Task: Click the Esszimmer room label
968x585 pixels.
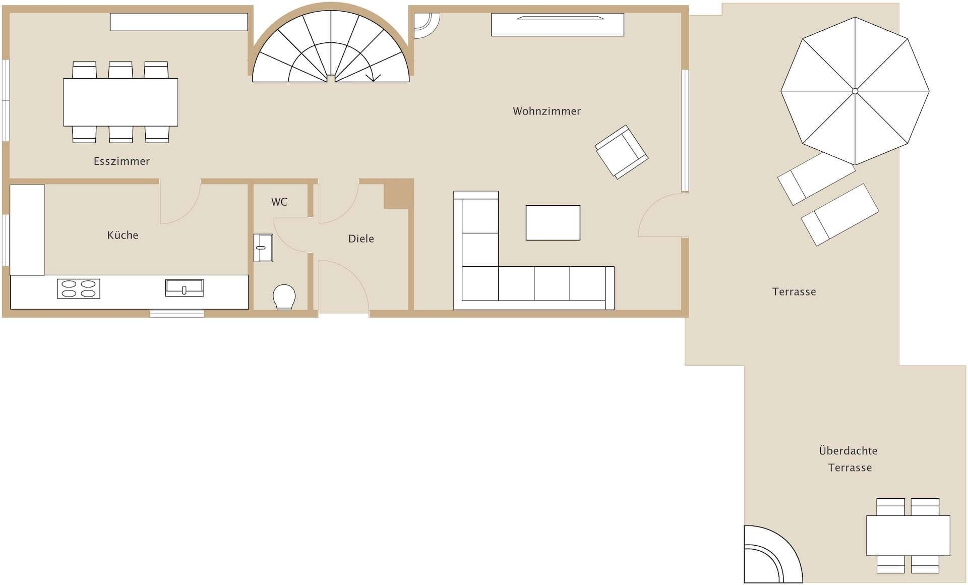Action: tap(122, 161)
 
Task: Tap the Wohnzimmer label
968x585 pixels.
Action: tap(547, 111)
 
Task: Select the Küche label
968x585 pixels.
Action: tap(123, 235)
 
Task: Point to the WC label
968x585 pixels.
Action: tap(279, 202)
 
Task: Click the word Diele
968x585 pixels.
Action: tap(361, 239)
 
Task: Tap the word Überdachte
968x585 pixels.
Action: tap(848, 450)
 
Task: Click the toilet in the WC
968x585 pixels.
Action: tap(284, 297)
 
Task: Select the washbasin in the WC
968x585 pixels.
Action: tap(263, 248)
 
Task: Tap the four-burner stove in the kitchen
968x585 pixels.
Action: tap(78, 288)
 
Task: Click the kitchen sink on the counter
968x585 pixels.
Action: tap(184, 288)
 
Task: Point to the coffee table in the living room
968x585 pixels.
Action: tap(553, 222)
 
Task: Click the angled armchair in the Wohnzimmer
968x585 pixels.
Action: tap(621, 152)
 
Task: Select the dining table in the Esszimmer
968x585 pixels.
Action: tap(120, 102)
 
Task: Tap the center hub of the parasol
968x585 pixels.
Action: tap(855, 91)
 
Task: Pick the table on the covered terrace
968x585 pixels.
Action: tap(908, 536)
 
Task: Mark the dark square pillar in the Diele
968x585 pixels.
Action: tap(398, 194)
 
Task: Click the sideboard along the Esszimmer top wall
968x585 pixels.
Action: tap(179, 22)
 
